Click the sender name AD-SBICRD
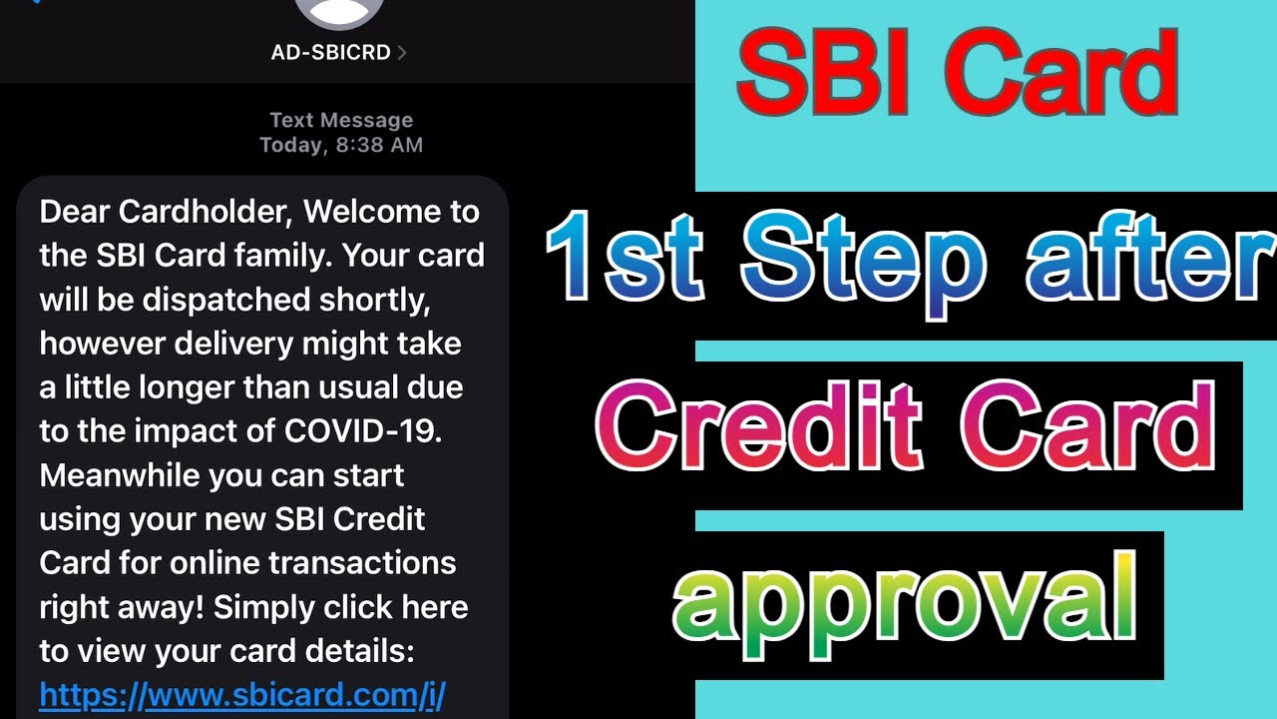coord(330,52)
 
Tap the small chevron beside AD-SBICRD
coord(402,52)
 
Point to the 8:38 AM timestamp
coord(378,145)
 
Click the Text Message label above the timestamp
coord(340,120)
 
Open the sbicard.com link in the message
coord(241,693)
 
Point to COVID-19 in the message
coord(361,430)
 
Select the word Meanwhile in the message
coord(121,474)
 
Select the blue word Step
coord(863,263)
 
